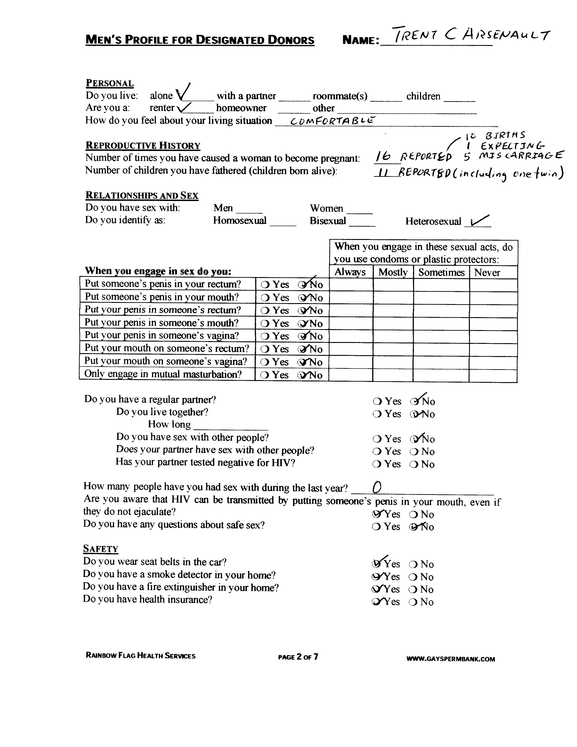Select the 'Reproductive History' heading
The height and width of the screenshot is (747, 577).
[143, 146]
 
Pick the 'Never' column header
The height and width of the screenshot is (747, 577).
[487, 273]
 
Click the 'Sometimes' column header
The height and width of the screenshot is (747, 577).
[441, 272]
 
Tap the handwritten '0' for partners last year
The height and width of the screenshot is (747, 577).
[377, 487]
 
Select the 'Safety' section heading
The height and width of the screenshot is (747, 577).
[100, 549]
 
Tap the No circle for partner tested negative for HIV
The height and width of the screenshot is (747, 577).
[414, 464]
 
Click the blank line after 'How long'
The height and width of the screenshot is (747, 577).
[231, 427]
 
